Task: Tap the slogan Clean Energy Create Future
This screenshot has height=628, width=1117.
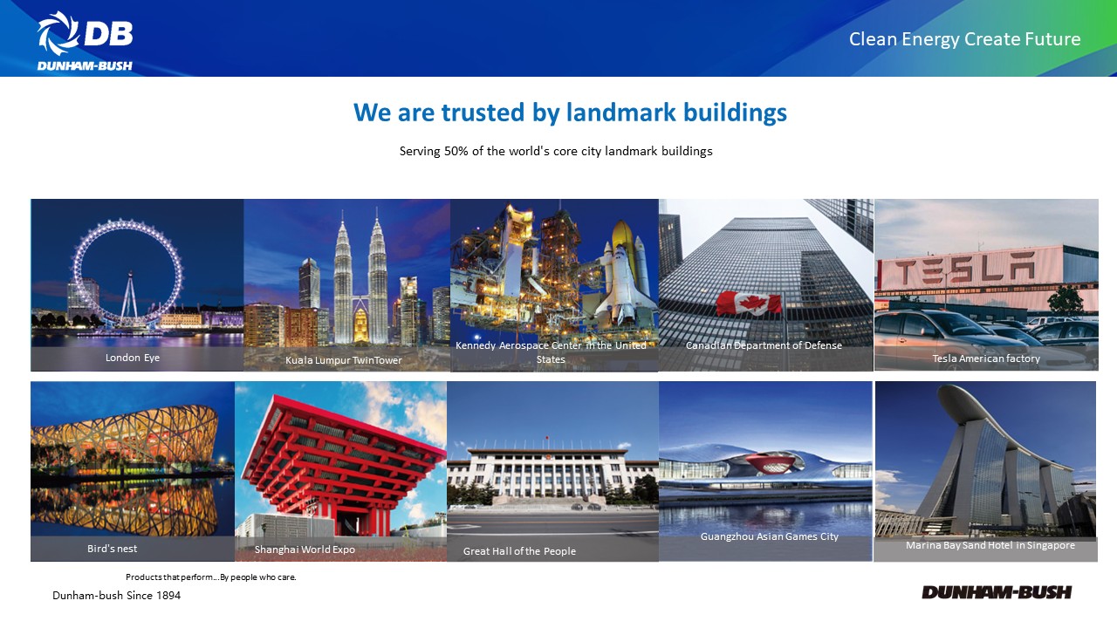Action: point(964,39)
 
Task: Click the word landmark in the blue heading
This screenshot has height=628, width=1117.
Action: point(620,113)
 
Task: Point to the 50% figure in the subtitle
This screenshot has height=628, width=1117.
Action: point(456,151)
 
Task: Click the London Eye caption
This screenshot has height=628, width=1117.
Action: point(133,358)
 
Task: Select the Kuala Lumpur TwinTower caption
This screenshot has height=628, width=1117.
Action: point(344,360)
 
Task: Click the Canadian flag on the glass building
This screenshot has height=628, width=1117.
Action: point(749,304)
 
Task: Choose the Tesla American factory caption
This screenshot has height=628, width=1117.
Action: point(986,358)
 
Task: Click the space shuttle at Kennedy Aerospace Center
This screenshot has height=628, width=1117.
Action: point(620,279)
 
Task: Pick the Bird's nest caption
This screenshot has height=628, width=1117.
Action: point(113,549)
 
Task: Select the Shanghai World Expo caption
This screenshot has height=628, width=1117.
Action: point(305,549)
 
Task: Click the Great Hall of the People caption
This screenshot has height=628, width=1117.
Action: point(519,550)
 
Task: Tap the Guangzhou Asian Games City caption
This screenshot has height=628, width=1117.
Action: point(770,536)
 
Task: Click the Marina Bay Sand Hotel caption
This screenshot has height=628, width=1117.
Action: point(990,545)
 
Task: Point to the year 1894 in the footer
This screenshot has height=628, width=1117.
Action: point(168,596)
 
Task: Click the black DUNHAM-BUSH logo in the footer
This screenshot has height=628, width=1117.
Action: point(997,592)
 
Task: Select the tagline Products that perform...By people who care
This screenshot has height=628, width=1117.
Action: point(211,577)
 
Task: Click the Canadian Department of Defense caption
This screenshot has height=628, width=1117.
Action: point(764,345)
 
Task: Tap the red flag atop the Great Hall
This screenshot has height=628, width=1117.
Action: point(547,438)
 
